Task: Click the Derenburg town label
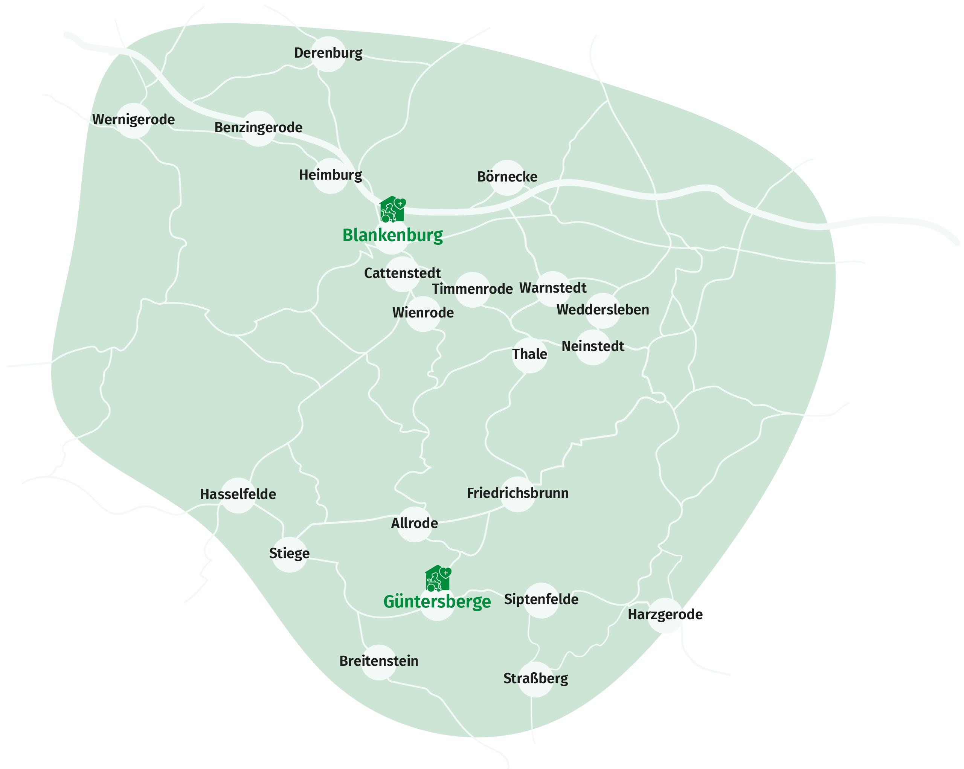tap(328, 53)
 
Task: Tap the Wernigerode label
tap(133, 120)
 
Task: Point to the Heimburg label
tap(330, 175)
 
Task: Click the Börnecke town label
tap(507, 177)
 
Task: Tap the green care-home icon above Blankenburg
tap(392, 209)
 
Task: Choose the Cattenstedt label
tap(403, 273)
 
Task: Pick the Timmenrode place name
tap(472, 289)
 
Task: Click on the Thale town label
tap(529, 354)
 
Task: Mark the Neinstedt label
tap(592, 346)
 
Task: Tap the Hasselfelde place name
tap(238, 494)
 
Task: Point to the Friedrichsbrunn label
tap(518, 493)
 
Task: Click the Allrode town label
tap(415, 523)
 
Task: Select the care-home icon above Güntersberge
tap(438, 578)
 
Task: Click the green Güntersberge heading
tap(437, 602)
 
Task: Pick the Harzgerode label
tap(665, 615)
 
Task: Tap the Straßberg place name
tap(535, 679)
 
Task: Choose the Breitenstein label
tap(379, 661)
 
